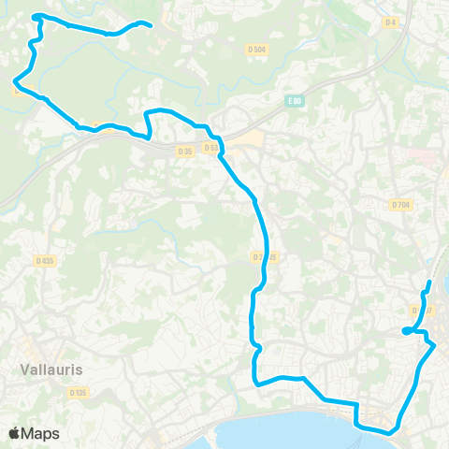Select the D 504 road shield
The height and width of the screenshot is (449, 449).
(x=256, y=49)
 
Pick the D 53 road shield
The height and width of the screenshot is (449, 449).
(x=210, y=148)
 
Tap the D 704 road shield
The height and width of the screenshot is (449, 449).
(x=401, y=204)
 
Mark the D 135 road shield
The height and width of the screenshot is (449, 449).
(x=79, y=394)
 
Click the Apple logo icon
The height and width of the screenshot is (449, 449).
(x=14, y=433)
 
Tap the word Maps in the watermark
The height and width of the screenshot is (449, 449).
(x=40, y=433)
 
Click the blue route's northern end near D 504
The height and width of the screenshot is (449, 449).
(x=150, y=25)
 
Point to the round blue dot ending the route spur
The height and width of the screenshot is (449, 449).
(x=406, y=330)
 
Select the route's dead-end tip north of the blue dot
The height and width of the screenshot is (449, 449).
(x=429, y=282)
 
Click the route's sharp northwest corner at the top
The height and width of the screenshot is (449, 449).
(x=35, y=16)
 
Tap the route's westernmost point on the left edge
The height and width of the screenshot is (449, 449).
(x=15, y=88)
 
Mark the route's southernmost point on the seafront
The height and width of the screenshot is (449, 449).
(x=384, y=431)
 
